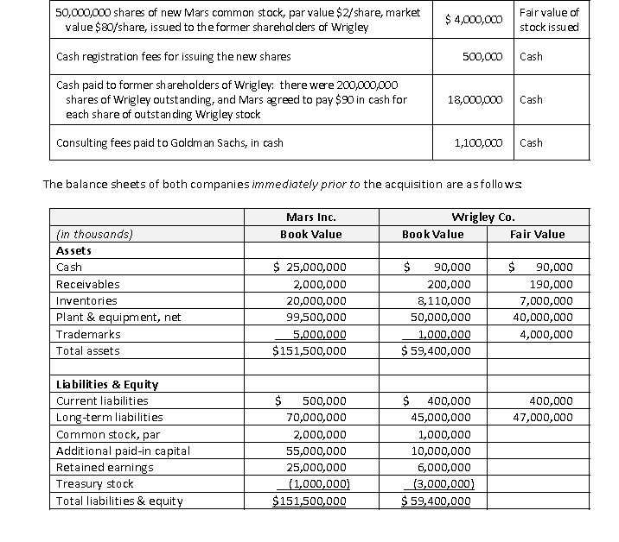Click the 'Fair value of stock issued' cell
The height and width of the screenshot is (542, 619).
548,20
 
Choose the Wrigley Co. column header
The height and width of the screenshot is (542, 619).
483,217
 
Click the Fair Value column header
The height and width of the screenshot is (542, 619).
537,234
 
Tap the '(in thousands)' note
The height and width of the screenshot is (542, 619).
94,234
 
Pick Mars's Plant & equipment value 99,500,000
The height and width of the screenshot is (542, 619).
309,318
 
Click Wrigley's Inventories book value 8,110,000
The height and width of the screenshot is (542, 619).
444,301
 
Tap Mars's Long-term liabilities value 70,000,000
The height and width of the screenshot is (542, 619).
309,418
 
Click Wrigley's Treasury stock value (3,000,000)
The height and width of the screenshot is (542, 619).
444,484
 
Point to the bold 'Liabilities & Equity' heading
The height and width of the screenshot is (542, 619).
106,384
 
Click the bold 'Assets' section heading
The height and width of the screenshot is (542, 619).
74,250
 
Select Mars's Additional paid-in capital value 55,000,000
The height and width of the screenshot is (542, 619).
309,451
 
